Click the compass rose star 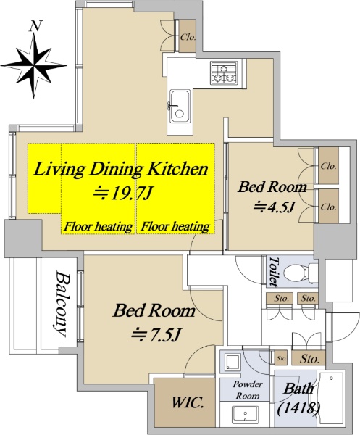click(x=34, y=66)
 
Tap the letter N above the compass click(x=35, y=26)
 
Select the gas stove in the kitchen click(x=225, y=72)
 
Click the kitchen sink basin click(x=180, y=106)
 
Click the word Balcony click(x=61, y=304)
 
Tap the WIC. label click(x=188, y=402)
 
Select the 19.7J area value click(x=122, y=193)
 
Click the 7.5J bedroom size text click(x=156, y=335)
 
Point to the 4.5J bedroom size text click(x=274, y=207)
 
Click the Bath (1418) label click(x=298, y=398)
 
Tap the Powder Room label click(x=248, y=390)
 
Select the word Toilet click(x=274, y=271)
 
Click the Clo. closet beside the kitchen click(x=188, y=36)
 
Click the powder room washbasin click(x=246, y=415)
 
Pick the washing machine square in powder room click(x=231, y=362)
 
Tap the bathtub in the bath click(x=331, y=398)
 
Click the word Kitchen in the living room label click(x=177, y=168)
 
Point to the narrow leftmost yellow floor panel click(x=44, y=178)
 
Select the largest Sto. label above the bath click(x=309, y=359)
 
